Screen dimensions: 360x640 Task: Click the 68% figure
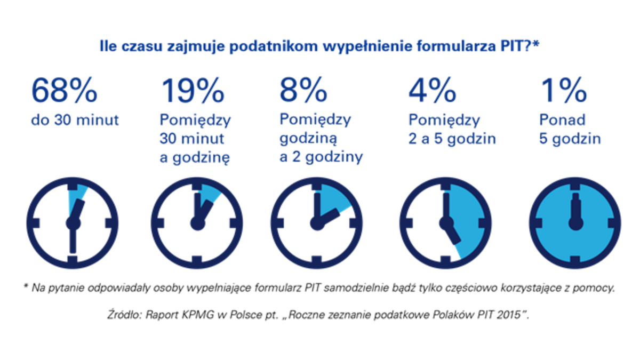[64, 91]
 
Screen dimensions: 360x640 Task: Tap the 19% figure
[192, 91]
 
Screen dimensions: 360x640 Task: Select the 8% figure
[303, 91]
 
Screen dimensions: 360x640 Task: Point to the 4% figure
[432, 91]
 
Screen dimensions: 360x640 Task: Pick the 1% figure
[564, 91]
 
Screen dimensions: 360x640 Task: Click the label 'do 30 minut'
[75, 121]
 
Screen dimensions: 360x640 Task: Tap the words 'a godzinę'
[194, 157]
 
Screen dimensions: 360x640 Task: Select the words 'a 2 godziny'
[321, 157]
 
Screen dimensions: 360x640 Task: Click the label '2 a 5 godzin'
[452, 139]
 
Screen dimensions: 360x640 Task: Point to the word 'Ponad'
[562, 120]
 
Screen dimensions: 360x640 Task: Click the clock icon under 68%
[71, 221]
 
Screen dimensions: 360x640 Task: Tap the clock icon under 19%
[197, 221]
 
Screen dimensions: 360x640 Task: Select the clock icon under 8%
[318, 221]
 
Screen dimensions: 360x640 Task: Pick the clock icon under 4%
[444, 221]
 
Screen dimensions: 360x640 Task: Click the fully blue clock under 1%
[575, 221]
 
